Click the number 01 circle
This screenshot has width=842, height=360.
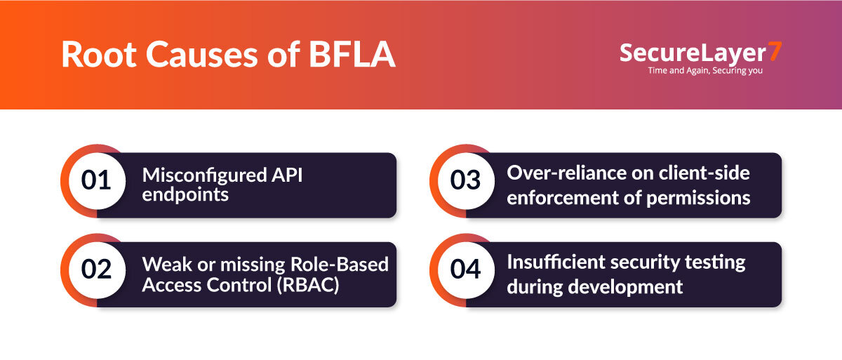pyautogui.click(x=97, y=180)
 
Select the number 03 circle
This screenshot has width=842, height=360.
pyautogui.click(x=465, y=180)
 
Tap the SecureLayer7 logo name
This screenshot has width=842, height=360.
pyautogui.click(x=695, y=53)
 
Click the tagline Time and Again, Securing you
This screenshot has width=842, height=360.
pyautogui.click(x=704, y=71)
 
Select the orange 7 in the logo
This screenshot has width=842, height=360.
pyautogui.click(x=775, y=52)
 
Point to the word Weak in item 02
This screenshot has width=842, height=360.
pyautogui.click(x=161, y=264)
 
